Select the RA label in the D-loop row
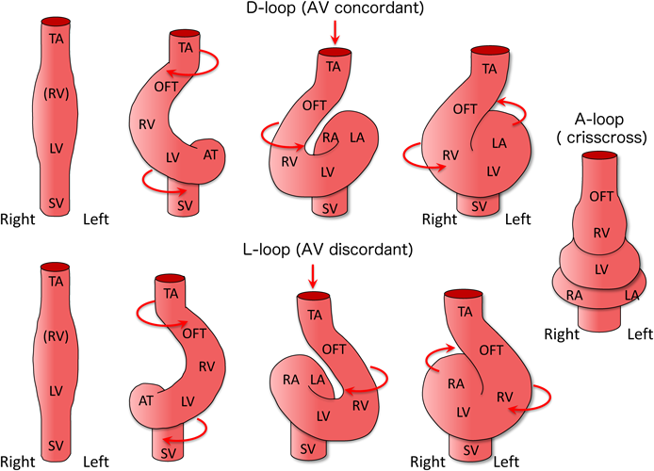tap(330, 138)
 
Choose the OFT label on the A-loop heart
tap(598, 195)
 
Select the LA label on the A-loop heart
tap(632, 297)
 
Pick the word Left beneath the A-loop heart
tap(640, 333)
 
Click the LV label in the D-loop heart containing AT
tap(172, 156)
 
